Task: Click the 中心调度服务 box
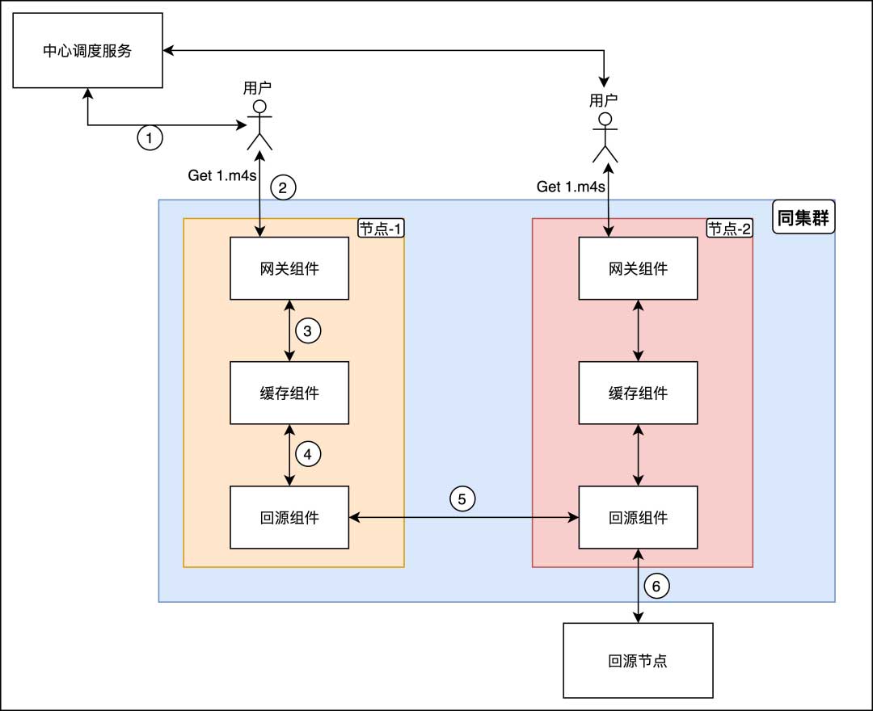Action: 86,52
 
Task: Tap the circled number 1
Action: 149,137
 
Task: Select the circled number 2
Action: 283,188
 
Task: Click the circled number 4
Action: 308,454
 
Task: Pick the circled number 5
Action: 462,499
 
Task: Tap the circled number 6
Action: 656,587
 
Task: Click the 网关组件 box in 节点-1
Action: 289,268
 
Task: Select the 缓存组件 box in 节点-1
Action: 289,393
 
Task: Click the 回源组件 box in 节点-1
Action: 289,517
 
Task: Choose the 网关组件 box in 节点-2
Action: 639,268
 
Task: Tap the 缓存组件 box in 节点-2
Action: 639,393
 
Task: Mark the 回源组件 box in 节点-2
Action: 639,517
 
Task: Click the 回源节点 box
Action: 639,660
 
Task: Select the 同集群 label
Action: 803,217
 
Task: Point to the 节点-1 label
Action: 380,229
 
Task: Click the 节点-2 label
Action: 729,229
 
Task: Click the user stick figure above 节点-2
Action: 605,138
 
